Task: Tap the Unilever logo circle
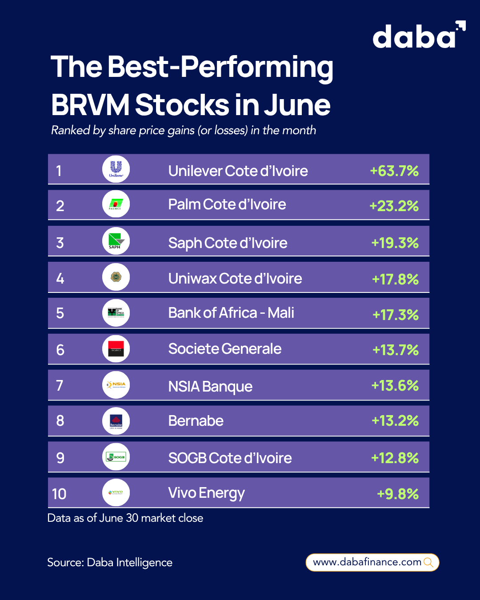[x=116, y=169]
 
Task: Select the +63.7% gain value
[x=394, y=171]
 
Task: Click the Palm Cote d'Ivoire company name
[x=227, y=204]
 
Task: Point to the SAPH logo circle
[x=116, y=241]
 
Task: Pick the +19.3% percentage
[x=395, y=243]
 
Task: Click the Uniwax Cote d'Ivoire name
[x=235, y=279]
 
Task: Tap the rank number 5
[x=60, y=313]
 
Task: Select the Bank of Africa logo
[x=116, y=313]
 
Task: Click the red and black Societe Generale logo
[x=116, y=349]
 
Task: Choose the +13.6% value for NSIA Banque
[x=395, y=385]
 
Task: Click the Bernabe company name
[x=196, y=421]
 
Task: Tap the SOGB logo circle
[x=116, y=457]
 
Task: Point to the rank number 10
[x=59, y=494]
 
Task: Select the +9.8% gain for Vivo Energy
[x=398, y=494]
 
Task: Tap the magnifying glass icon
[x=429, y=562]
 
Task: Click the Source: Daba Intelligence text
[x=110, y=562]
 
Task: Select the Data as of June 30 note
[x=125, y=518]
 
